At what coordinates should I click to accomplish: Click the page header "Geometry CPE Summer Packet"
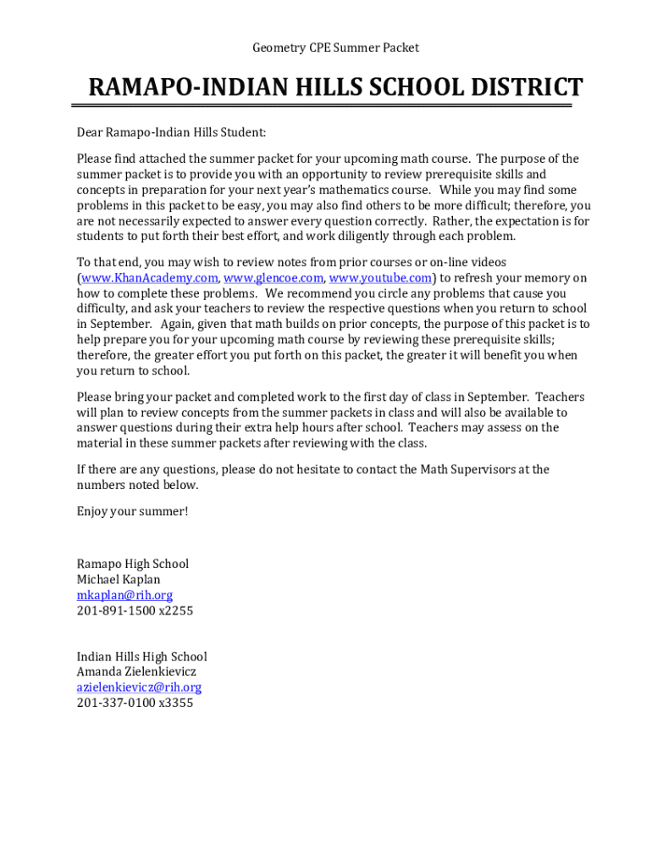[x=335, y=48]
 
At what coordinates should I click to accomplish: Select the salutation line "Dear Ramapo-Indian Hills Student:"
[x=171, y=132]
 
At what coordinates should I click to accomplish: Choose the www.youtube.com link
[x=381, y=278]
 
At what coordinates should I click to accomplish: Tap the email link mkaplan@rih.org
[x=124, y=595]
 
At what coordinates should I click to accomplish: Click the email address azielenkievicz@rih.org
[x=139, y=687]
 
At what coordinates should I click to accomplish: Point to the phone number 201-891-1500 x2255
[x=135, y=610]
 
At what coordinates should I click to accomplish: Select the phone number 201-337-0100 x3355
[x=135, y=703]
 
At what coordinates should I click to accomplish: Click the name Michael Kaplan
[x=119, y=580]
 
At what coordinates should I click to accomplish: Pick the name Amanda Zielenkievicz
[x=136, y=672]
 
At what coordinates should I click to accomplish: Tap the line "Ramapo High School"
[x=133, y=564]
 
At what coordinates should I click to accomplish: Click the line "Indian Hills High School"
[x=141, y=657]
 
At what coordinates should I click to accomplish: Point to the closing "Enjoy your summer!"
[x=133, y=511]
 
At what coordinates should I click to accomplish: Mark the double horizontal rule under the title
[x=322, y=106]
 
